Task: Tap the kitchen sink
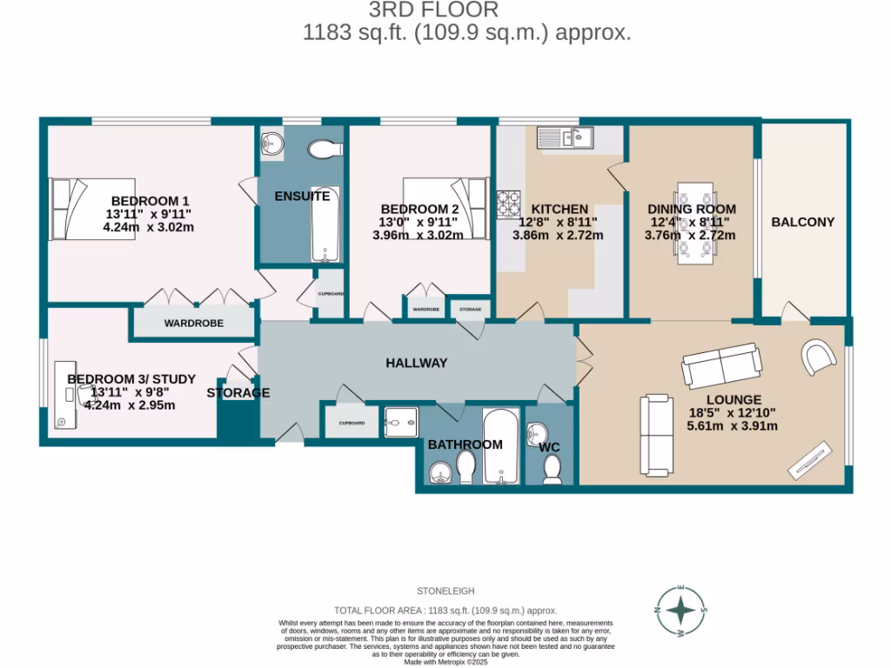(x=565, y=137)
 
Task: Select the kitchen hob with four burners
(x=507, y=205)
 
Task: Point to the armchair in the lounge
(x=819, y=356)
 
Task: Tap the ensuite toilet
(x=325, y=149)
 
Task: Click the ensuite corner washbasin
(x=271, y=144)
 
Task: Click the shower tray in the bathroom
(x=401, y=421)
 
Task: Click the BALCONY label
(x=802, y=222)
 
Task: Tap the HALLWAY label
(x=417, y=363)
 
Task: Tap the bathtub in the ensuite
(x=325, y=231)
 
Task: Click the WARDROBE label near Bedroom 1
(x=194, y=323)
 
